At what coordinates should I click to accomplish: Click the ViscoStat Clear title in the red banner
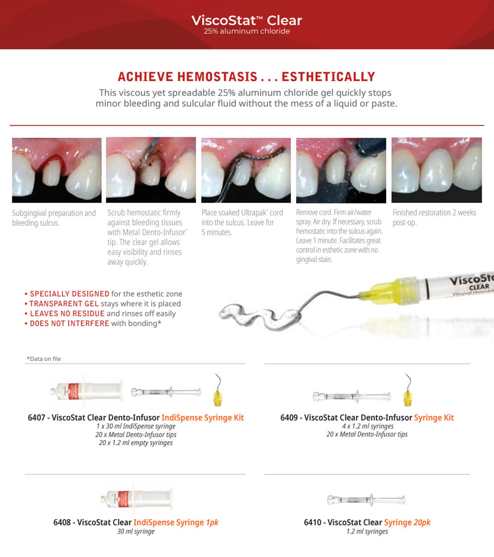247,20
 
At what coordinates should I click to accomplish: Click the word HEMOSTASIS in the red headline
217,77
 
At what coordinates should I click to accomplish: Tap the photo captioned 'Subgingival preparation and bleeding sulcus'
57,170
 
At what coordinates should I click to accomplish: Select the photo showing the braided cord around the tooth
246,170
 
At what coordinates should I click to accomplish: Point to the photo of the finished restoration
437,170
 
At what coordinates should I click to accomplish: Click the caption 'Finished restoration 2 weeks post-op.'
434,217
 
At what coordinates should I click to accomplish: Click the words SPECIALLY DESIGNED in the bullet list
70,294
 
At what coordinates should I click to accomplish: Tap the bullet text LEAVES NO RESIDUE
67,314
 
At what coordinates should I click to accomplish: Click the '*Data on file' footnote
44,359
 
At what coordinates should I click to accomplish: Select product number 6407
37,417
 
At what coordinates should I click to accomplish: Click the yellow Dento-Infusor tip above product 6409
408,397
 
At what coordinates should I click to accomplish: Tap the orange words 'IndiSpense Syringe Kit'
202,418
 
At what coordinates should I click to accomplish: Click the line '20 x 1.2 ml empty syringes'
136,443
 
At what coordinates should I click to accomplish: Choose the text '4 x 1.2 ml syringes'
368,426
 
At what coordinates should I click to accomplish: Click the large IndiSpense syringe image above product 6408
136,499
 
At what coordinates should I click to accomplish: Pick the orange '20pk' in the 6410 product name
422,522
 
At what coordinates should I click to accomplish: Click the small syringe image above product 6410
366,500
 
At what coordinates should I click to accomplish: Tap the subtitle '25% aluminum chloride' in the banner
247,31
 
